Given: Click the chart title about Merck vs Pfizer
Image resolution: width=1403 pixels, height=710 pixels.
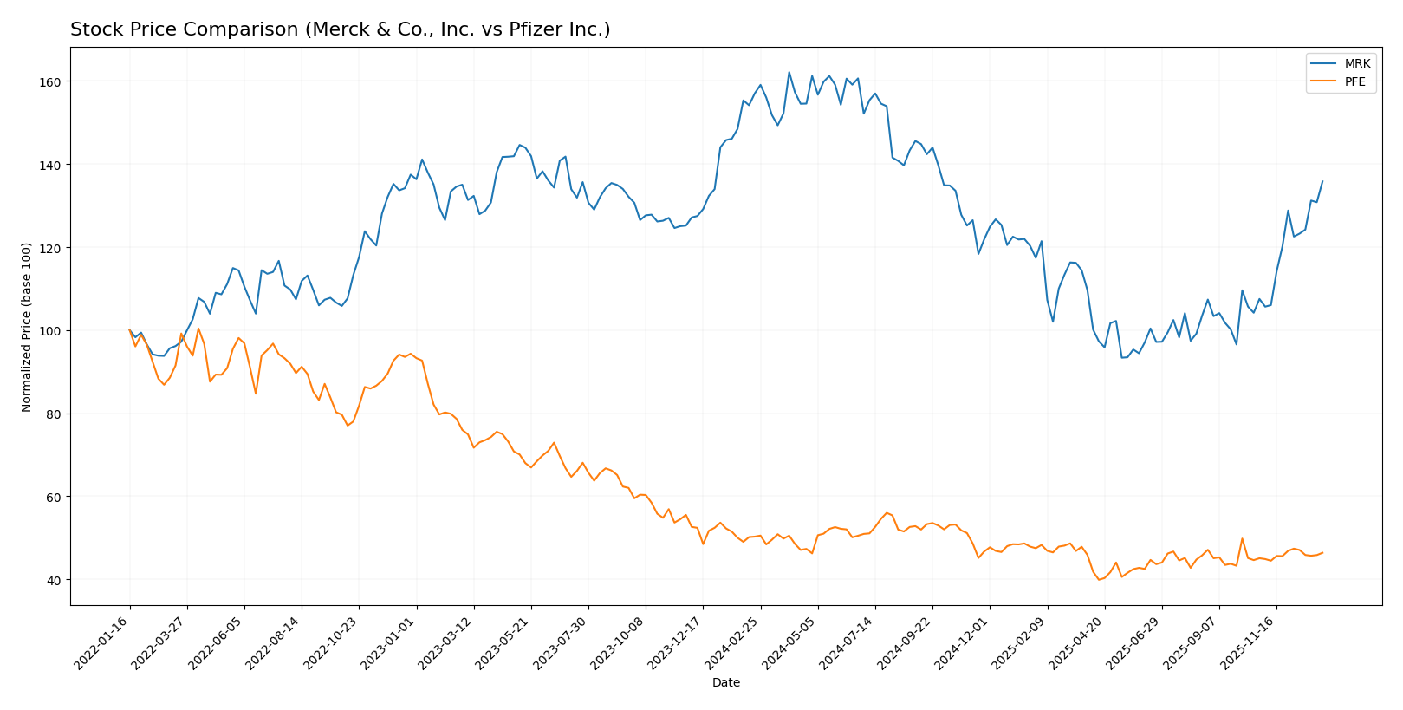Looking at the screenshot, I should click(x=340, y=29).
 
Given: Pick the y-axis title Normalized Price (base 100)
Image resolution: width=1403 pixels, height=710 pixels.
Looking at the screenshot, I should click(x=27, y=327).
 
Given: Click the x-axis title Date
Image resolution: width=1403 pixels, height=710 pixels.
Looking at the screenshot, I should click(x=726, y=683).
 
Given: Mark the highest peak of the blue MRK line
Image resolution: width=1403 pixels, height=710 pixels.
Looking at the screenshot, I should click(x=789, y=72).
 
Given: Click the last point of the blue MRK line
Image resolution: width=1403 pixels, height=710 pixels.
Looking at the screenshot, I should click(x=1322, y=181).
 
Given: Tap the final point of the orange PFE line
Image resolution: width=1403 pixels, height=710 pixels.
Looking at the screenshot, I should click(x=1322, y=553).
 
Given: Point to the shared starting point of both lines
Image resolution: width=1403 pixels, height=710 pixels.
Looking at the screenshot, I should click(x=130, y=330).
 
